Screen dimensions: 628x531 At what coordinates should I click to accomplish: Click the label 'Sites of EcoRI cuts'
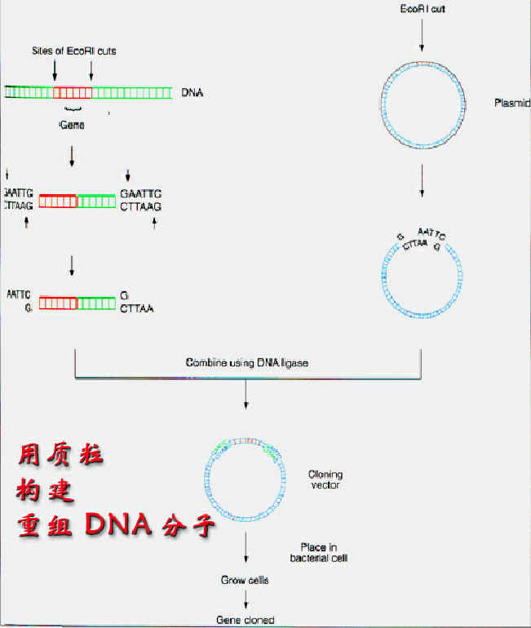pos(73,51)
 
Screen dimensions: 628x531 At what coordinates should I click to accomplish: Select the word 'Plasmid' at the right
pos(512,104)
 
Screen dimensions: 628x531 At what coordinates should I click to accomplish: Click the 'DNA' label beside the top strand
pos(192,93)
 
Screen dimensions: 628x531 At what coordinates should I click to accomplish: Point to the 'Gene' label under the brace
pos(72,126)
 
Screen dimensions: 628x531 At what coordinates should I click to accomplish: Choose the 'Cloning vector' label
pos(325,480)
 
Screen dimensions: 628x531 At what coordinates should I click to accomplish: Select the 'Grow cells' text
pos(245,581)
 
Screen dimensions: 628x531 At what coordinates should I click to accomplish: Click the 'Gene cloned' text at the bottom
pos(245,620)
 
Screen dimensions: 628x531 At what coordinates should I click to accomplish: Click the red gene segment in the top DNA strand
pos(73,93)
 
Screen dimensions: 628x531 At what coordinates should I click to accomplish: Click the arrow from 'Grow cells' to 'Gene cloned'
pos(245,599)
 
